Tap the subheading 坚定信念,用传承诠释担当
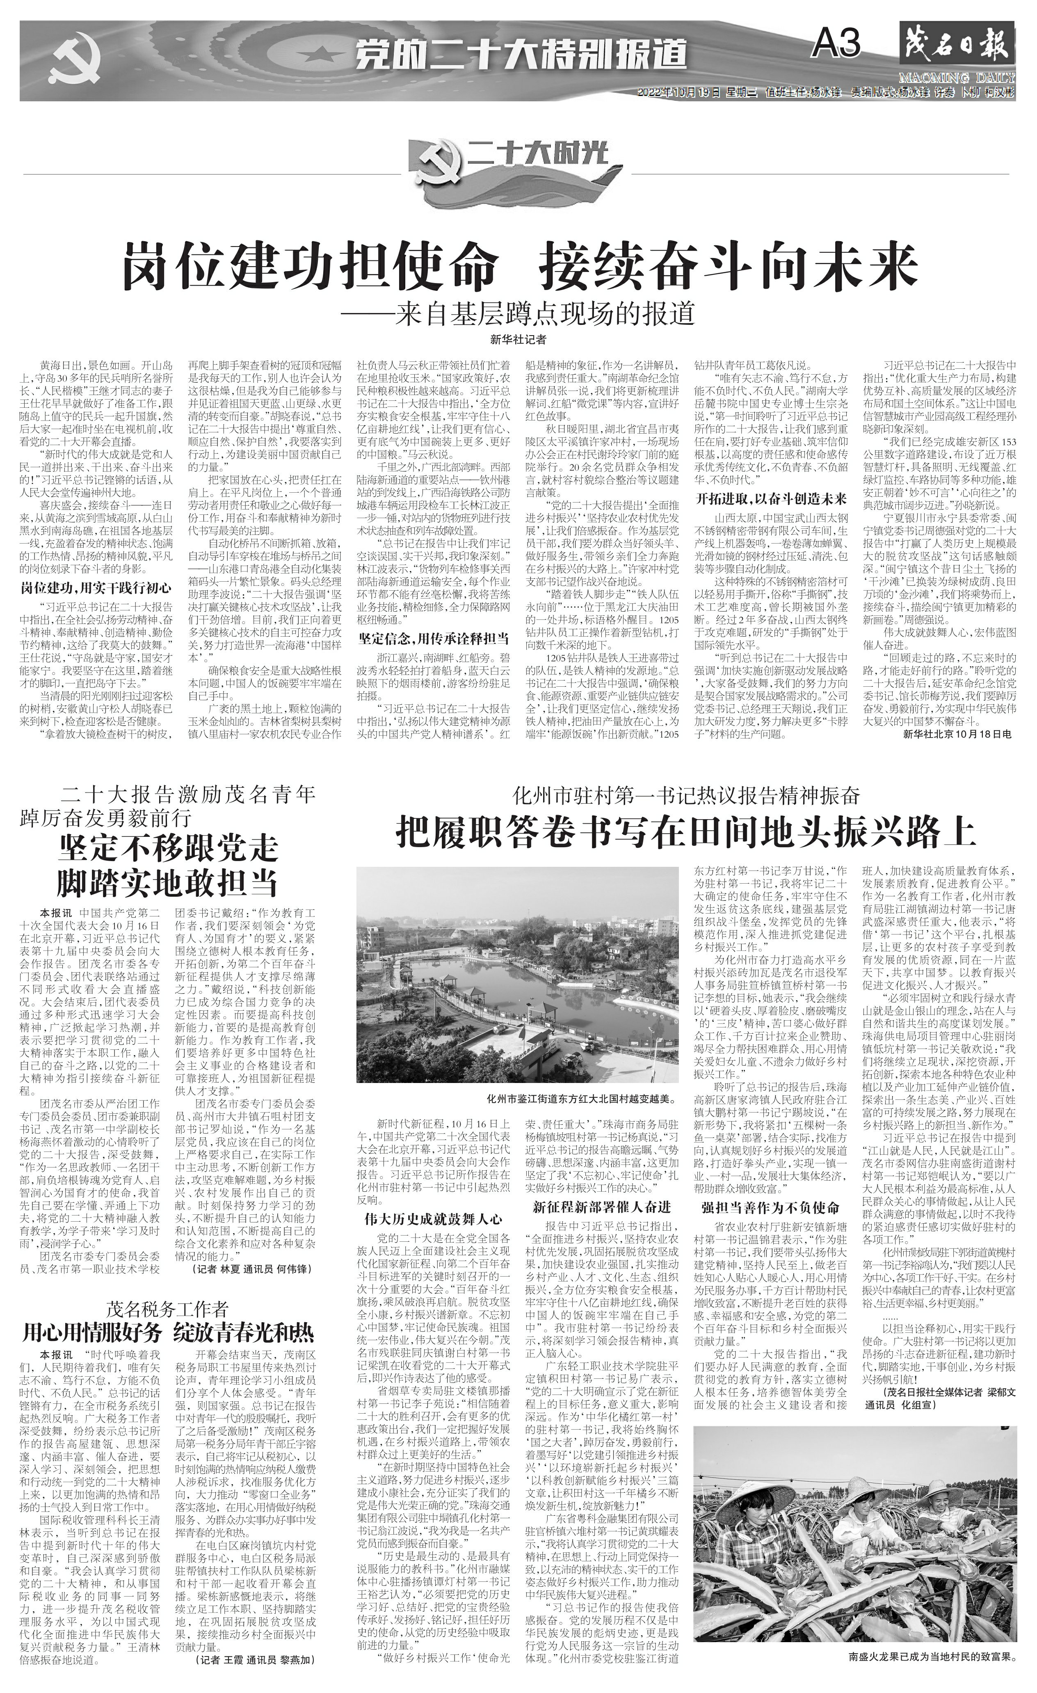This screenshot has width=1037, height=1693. coord(433,637)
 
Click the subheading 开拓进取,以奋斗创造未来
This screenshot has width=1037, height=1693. coord(771,498)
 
